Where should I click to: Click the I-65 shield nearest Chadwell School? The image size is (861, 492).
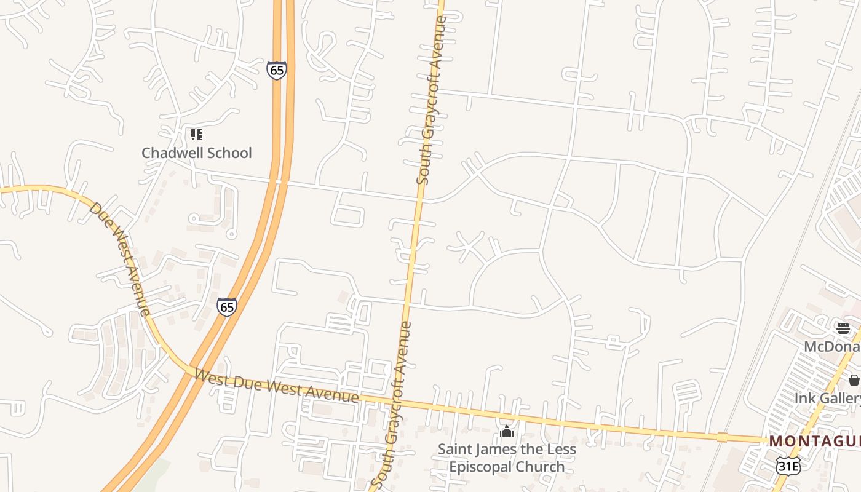(277, 70)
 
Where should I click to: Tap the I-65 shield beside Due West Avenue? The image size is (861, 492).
(226, 306)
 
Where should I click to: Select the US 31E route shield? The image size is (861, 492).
(788, 466)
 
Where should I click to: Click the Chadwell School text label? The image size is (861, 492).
(196, 153)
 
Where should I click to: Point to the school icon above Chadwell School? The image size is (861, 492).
(196, 134)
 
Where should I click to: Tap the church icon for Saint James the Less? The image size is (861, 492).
(507, 432)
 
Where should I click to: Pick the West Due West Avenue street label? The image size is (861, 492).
(276, 387)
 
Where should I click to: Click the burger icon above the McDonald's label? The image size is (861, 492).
(843, 328)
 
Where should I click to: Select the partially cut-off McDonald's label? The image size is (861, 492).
(832, 347)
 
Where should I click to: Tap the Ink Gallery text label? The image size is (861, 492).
(827, 399)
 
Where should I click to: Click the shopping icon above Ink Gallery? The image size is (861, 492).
(854, 380)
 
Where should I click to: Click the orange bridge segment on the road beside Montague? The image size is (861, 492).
(722, 437)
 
